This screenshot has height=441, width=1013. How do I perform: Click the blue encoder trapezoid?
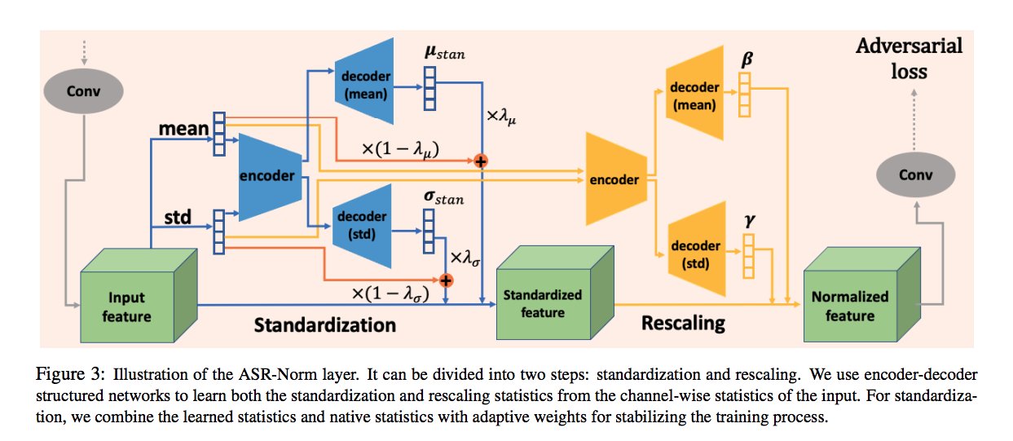point(270,175)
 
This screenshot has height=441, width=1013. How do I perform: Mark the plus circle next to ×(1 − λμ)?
point(481,161)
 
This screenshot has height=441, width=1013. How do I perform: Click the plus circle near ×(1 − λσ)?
point(446,280)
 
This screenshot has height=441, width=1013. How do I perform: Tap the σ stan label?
point(442,195)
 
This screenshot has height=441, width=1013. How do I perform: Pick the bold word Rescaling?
point(683,323)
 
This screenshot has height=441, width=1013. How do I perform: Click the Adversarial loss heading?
point(908,58)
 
